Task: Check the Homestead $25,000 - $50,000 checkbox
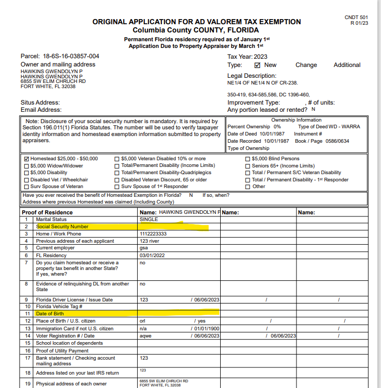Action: click(x=27, y=159)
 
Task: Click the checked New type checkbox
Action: click(x=258, y=65)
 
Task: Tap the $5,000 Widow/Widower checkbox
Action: click(x=27, y=166)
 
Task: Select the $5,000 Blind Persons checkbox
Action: click(x=248, y=159)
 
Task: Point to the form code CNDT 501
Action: click(x=357, y=18)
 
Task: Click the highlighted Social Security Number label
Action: click(x=62, y=227)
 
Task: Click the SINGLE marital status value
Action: click(x=149, y=220)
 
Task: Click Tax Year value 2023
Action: click(x=262, y=57)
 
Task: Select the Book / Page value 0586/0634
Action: click(x=336, y=141)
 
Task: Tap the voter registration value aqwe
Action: click(x=145, y=336)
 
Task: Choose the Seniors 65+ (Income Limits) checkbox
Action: click(x=248, y=166)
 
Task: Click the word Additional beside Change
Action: click(x=347, y=65)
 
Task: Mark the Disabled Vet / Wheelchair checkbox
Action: click(x=27, y=180)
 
